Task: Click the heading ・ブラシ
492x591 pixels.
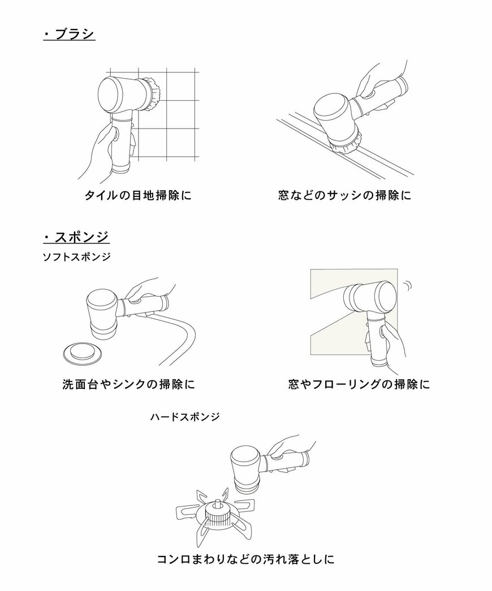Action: click(69, 35)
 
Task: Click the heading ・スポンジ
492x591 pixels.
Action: click(76, 236)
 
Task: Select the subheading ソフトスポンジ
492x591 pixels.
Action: click(76, 257)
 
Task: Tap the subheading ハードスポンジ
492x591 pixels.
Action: click(185, 417)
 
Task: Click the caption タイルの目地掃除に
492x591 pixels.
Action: click(138, 196)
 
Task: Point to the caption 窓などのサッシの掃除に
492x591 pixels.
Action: click(344, 196)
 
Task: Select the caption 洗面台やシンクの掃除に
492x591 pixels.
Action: click(128, 384)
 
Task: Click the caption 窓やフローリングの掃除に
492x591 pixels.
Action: click(359, 384)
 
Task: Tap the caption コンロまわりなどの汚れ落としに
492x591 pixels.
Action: click(245, 560)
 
